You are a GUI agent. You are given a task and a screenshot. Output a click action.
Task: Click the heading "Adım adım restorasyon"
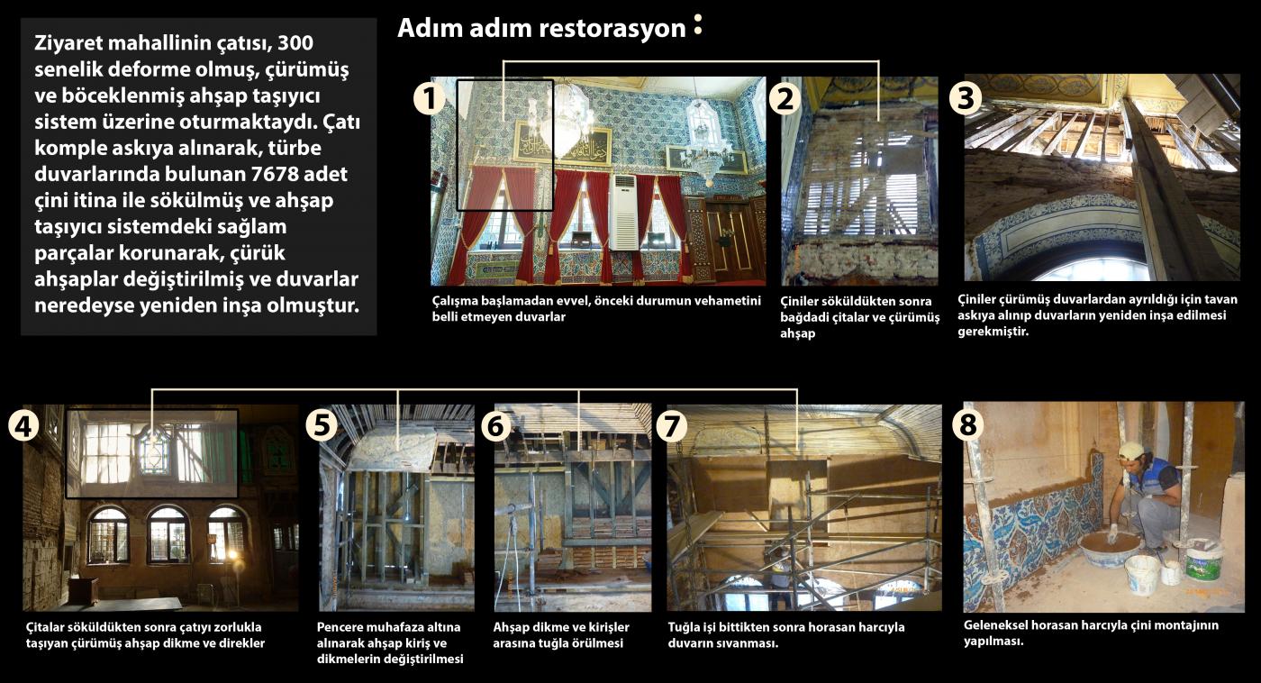click(541, 28)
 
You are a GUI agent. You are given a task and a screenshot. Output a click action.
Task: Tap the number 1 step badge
click(430, 98)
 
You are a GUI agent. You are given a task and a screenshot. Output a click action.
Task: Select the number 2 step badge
click(785, 98)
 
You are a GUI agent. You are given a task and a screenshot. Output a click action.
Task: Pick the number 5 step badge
click(322, 424)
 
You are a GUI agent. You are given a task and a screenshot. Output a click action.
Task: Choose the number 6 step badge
click(496, 425)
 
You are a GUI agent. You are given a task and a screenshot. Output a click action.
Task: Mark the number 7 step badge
click(671, 426)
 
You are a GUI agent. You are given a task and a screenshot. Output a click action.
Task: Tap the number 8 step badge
click(967, 424)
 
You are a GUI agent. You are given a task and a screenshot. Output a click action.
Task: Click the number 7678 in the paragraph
click(276, 174)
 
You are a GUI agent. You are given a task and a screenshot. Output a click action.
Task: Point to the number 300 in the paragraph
click(295, 42)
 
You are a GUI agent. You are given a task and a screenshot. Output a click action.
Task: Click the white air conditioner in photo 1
click(624, 213)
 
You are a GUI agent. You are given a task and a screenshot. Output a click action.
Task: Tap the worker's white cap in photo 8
click(1131, 451)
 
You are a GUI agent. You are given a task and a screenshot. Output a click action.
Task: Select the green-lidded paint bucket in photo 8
click(1203, 560)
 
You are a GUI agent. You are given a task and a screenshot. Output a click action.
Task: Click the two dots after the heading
click(698, 24)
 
